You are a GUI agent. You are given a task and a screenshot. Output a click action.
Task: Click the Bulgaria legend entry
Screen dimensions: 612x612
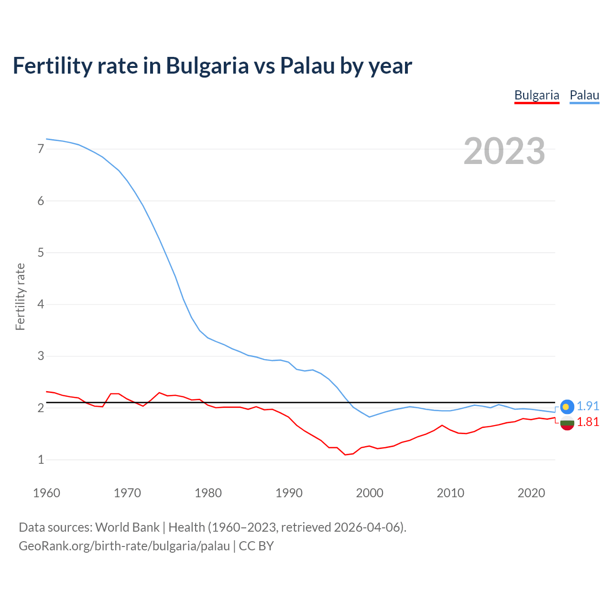pyautogui.click(x=536, y=95)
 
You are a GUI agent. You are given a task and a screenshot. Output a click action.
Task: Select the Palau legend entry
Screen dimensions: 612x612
pyautogui.click(x=584, y=95)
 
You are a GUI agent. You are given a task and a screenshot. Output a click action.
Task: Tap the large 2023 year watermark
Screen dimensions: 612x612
pyautogui.click(x=504, y=151)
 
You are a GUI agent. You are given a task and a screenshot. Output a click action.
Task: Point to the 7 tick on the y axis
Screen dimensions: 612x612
pyautogui.click(x=41, y=149)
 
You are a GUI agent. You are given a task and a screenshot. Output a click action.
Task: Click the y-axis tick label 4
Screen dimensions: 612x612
pyautogui.click(x=41, y=304)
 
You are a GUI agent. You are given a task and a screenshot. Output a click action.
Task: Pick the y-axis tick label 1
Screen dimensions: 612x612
pyautogui.click(x=41, y=459)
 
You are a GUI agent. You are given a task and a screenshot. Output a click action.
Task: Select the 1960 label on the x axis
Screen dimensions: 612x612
pyautogui.click(x=46, y=493)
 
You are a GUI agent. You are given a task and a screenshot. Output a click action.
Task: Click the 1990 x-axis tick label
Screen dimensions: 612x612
pyautogui.click(x=289, y=493)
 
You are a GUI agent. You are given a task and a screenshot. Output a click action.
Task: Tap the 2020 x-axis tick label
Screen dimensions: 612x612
pyautogui.click(x=531, y=493)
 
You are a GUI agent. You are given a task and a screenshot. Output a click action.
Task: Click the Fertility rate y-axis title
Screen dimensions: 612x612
pyautogui.click(x=20, y=296)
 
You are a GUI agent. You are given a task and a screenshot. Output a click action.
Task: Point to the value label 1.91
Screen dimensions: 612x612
pyautogui.click(x=588, y=406)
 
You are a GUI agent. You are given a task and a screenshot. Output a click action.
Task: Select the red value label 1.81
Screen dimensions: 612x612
pyautogui.click(x=588, y=422)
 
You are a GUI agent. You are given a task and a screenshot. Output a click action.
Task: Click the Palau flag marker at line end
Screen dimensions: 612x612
pyautogui.click(x=567, y=406)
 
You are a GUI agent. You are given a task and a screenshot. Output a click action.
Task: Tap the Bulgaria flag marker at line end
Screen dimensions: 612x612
pyautogui.click(x=567, y=423)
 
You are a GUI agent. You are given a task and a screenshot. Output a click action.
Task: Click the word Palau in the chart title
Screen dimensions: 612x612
pyautogui.click(x=307, y=66)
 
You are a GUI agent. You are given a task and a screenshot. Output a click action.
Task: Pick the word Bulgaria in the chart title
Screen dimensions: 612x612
pyautogui.click(x=207, y=66)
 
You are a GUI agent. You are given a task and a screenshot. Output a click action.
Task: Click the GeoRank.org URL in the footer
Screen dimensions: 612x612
pyautogui.click(x=124, y=546)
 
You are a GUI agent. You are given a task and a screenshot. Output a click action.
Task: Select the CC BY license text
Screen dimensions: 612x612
pyautogui.click(x=256, y=546)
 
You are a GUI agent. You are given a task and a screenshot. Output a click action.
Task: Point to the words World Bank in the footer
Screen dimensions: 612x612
pyautogui.click(x=127, y=527)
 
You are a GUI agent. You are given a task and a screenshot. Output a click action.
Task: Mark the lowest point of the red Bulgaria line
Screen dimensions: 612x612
pyautogui.click(x=345, y=455)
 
